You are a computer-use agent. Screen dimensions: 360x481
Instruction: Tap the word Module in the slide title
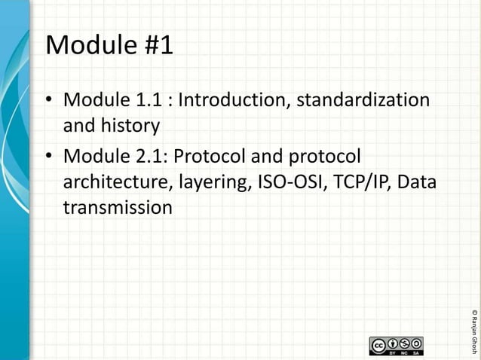point(87,46)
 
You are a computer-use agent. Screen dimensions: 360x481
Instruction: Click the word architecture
point(113,182)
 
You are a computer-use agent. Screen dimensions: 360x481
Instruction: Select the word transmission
point(118,206)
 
